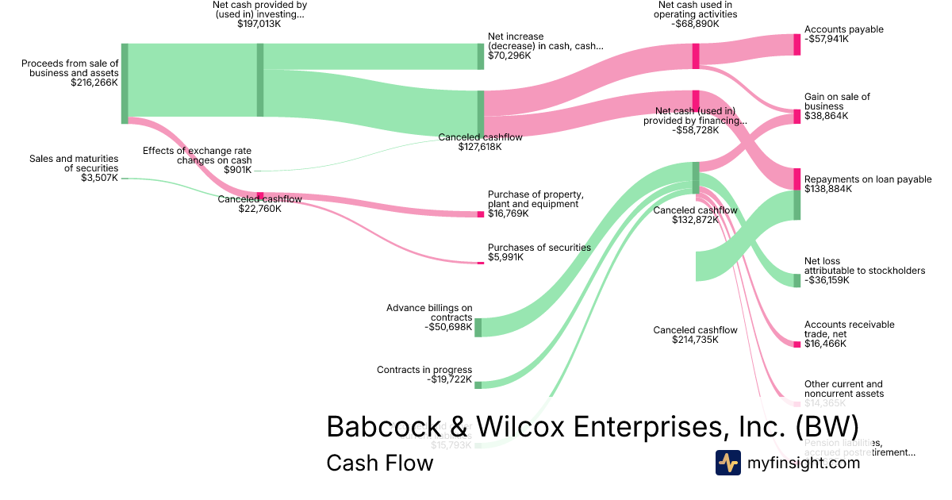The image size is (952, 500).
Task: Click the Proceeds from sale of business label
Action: pos(70,67)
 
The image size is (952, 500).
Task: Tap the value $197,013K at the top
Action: pos(259,25)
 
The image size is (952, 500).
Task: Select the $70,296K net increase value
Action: pos(509,56)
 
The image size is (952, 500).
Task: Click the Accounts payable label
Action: pos(843,29)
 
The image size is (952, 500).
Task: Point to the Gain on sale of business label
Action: pos(837,102)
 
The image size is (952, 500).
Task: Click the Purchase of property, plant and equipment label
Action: pos(535,199)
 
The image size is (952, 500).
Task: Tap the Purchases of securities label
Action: pos(539,248)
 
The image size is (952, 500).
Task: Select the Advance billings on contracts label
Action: pos(429,313)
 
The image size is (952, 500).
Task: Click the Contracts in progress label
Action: pos(424,370)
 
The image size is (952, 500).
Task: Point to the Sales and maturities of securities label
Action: pos(74,163)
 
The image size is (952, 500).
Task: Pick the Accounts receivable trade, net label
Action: pos(849,329)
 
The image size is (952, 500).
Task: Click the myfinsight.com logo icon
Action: pos(727,463)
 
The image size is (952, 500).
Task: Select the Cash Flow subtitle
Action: pos(379,463)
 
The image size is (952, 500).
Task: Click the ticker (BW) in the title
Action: pos(827,426)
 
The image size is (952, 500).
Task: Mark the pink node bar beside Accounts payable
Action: pos(797,44)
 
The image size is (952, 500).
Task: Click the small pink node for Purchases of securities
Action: pos(480,263)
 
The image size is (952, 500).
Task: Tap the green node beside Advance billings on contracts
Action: pos(478,328)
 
